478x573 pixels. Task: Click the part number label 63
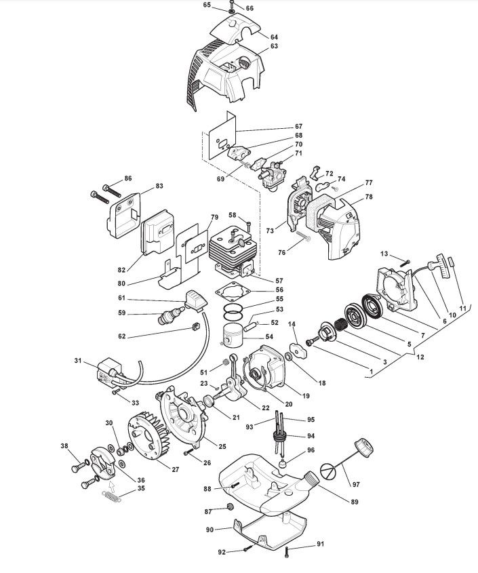coord(274,47)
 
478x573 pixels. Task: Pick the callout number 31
coord(79,360)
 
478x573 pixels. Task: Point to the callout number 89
coord(354,502)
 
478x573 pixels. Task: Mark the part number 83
coord(160,186)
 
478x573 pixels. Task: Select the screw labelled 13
coord(405,262)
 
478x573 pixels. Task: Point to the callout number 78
coord(369,197)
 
